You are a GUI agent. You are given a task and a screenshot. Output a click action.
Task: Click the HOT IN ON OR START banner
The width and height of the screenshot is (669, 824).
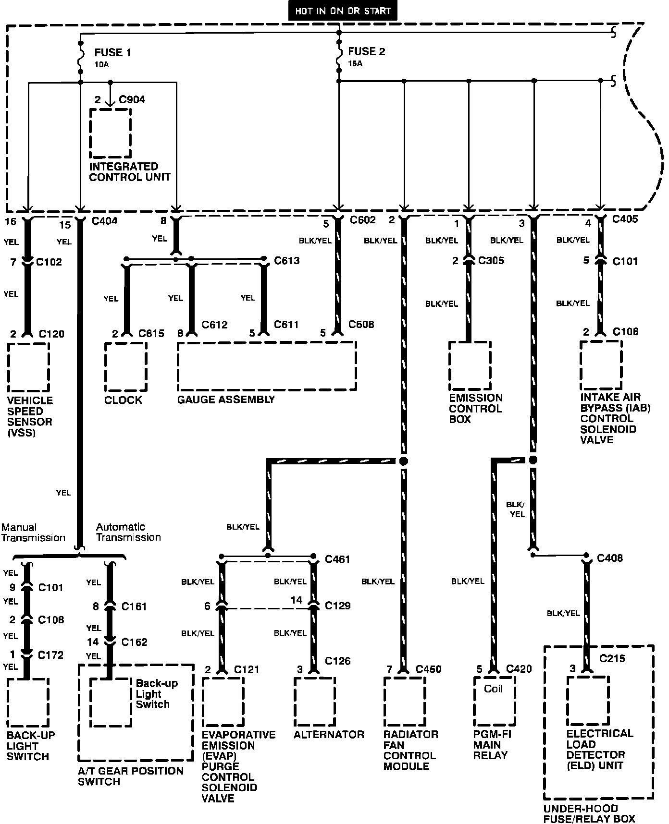[343, 11]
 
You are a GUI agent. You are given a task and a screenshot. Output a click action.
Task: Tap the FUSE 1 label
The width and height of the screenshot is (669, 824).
[112, 52]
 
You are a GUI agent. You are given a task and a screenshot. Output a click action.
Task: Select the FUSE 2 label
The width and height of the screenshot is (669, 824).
[367, 51]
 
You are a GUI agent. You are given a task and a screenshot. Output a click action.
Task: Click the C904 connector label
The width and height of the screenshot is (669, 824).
[132, 100]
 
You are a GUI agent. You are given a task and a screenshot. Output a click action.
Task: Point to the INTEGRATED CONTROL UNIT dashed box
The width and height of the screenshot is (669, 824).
[110, 133]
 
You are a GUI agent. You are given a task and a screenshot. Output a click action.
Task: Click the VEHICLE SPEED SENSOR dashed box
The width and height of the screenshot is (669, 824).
[28, 367]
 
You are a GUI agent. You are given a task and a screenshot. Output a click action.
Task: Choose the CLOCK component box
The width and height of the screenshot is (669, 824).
[125, 367]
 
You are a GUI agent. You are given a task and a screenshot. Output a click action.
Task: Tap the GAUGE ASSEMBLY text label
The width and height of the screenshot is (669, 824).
[226, 400]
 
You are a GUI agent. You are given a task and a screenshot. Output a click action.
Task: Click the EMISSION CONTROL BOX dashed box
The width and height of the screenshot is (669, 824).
[470, 366]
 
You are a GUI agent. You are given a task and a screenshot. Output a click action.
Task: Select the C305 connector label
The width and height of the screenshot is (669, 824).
[491, 261]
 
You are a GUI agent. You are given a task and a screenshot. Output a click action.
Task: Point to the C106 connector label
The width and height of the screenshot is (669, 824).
[625, 332]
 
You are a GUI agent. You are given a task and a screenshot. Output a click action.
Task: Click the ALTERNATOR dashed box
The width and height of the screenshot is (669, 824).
[314, 702]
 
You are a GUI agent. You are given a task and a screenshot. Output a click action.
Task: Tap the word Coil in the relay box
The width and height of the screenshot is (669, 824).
[493, 689]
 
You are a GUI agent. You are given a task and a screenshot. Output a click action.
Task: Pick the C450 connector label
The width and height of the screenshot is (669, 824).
[428, 669]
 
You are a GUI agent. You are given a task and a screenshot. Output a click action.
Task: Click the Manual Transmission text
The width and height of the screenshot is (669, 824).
[33, 533]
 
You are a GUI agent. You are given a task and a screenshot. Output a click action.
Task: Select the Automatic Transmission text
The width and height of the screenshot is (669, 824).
[128, 532]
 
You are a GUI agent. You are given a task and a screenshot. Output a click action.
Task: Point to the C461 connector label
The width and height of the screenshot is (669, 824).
[337, 559]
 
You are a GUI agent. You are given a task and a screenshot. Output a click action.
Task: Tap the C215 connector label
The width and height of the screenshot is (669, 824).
[612, 658]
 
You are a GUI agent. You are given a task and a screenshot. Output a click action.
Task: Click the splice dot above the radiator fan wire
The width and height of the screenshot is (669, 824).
[404, 461]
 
